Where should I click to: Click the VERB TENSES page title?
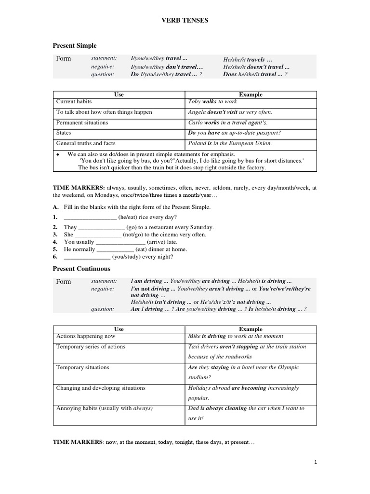click(x=185, y=21)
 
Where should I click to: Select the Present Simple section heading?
click(x=74, y=45)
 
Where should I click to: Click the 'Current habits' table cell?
click(x=74, y=102)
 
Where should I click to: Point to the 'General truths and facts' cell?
click(x=86, y=143)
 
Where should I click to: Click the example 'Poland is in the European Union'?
click(x=230, y=143)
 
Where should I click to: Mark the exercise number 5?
click(x=55, y=249)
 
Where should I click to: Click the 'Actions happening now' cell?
click(x=86, y=336)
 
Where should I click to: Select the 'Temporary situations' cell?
click(x=82, y=367)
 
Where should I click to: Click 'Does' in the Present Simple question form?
click(x=230, y=74)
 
